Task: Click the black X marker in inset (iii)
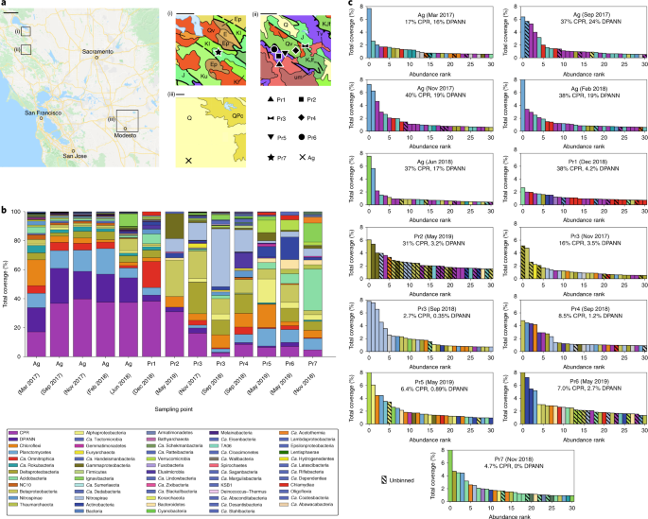coord(188,162)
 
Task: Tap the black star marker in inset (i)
coord(219,46)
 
